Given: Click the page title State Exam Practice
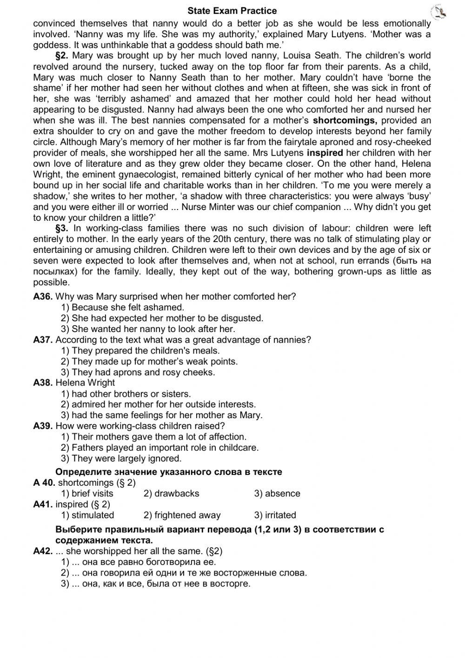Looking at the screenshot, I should pos(232,11).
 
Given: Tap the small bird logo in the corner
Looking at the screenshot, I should pos(439,13).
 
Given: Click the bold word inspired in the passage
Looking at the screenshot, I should pos(325,153).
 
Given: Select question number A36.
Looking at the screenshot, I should pos(43,297).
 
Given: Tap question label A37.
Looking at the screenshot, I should pos(43,340).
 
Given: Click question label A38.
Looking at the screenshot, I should pos(43,383).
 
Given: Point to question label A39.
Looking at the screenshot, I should pos(43,426).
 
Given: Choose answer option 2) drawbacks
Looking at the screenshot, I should pos(171,494).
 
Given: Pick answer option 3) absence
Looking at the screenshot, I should pos(277,494).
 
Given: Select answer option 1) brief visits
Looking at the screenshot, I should pos(87,494).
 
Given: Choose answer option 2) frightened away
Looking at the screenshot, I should pos(182,516).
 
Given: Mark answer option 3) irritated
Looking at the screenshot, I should pos(275,516).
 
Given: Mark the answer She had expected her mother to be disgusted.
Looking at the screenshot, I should pos(162,319).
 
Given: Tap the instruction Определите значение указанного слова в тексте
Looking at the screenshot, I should pos(169,472).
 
